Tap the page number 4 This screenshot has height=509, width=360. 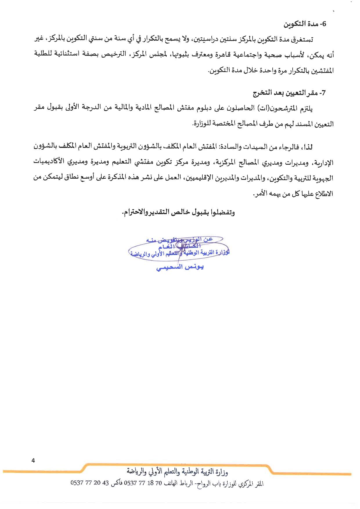point(33,461)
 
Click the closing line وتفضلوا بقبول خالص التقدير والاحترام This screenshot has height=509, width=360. point(178,213)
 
